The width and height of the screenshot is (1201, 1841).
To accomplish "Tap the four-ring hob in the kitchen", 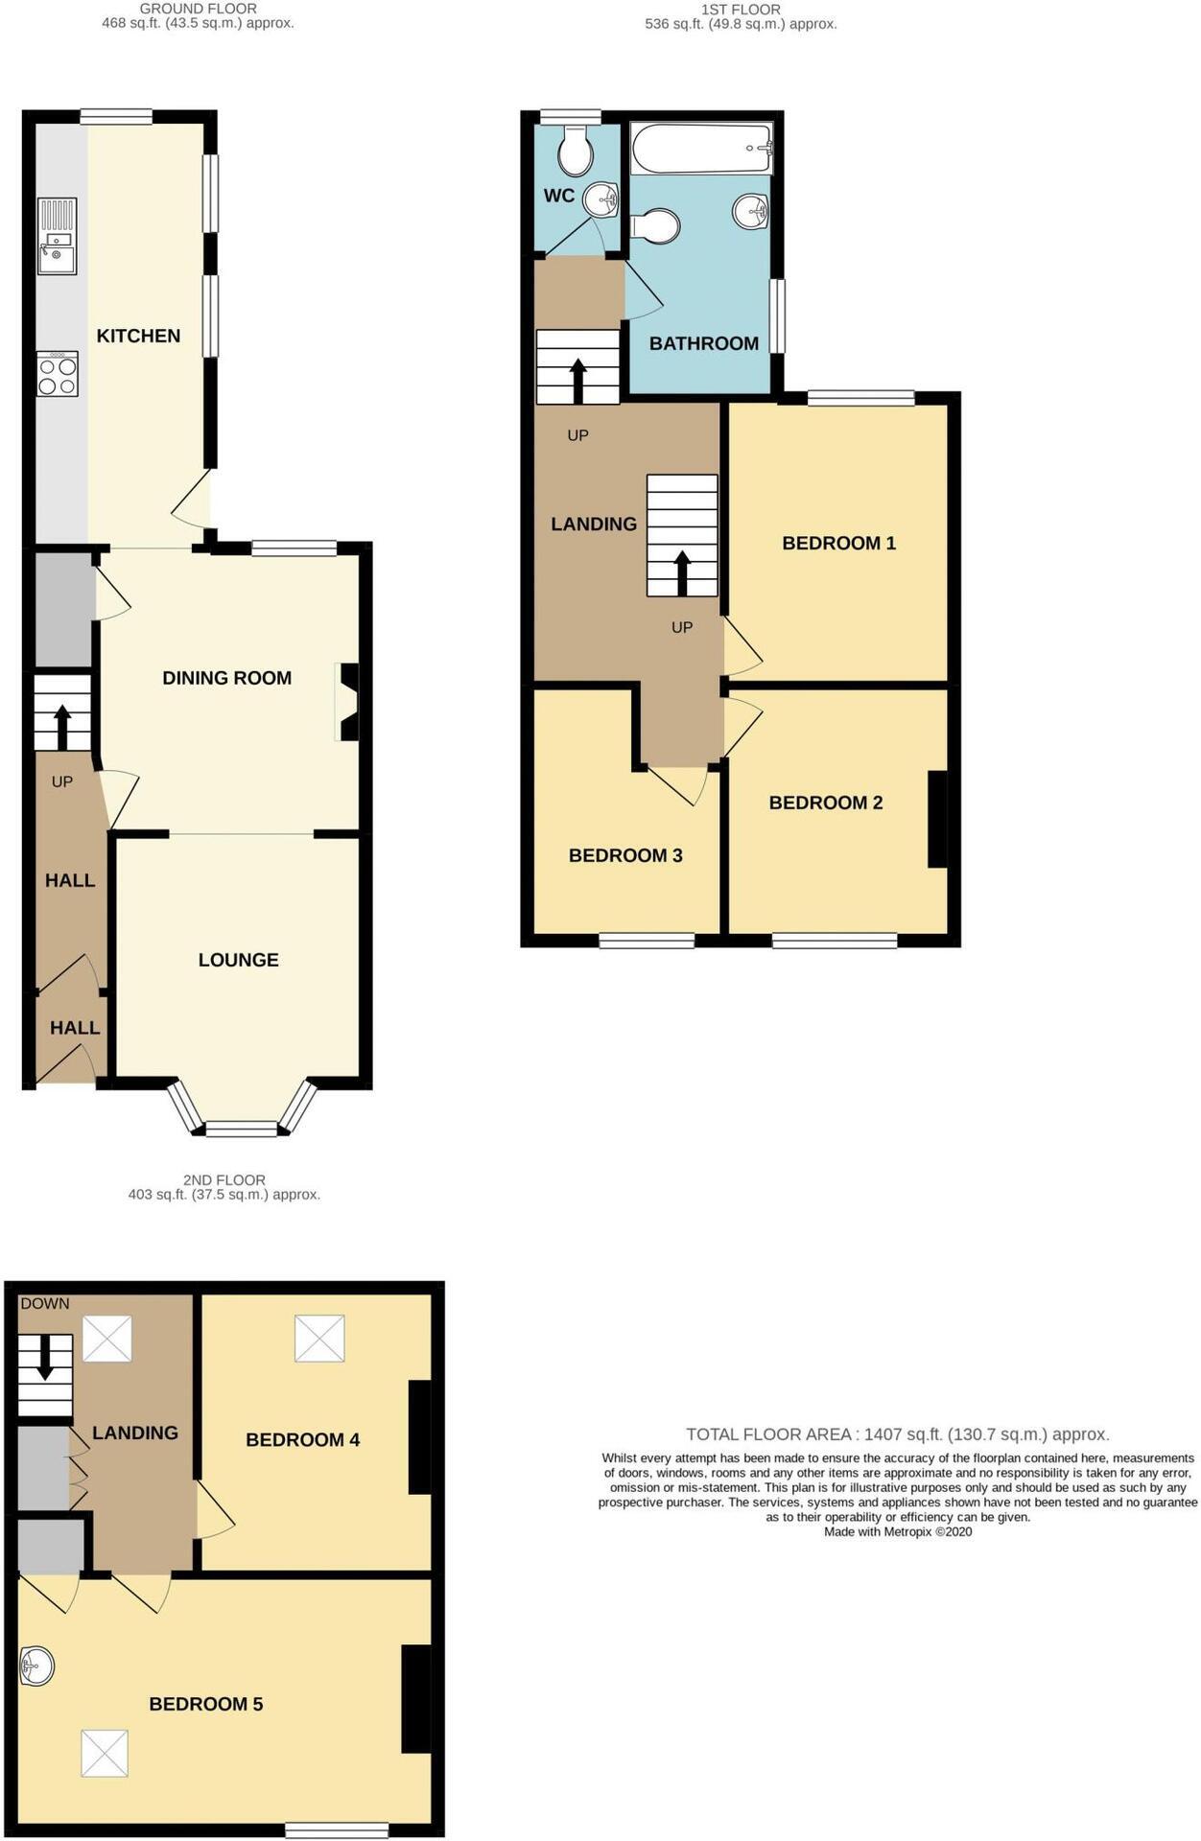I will click(x=57, y=374).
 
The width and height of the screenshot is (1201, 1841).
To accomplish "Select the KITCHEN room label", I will click(x=138, y=336).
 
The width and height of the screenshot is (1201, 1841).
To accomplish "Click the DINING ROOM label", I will click(x=226, y=678).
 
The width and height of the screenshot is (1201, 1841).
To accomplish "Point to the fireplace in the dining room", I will click(x=347, y=702).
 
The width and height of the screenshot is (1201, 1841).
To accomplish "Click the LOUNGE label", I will click(x=238, y=960).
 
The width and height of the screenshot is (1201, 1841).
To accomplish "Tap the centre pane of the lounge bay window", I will click(x=242, y=1130).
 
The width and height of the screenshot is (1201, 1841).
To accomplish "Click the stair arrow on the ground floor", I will click(x=62, y=727).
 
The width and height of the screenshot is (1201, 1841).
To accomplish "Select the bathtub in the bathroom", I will click(x=701, y=149).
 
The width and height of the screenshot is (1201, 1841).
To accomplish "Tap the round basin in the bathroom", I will click(x=750, y=210).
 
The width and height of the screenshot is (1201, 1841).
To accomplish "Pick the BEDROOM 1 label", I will click(x=838, y=543).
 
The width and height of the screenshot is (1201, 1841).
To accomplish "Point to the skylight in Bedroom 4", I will click(x=319, y=1338).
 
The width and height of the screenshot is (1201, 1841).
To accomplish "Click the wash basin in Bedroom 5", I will click(x=37, y=1666).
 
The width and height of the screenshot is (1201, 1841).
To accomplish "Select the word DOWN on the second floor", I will click(x=45, y=1303).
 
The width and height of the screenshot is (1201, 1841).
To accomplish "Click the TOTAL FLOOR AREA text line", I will click(x=897, y=1434).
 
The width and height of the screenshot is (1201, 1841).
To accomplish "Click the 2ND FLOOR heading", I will click(x=224, y=1179).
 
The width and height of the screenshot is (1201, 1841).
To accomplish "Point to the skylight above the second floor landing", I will click(x=106, y=1338).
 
